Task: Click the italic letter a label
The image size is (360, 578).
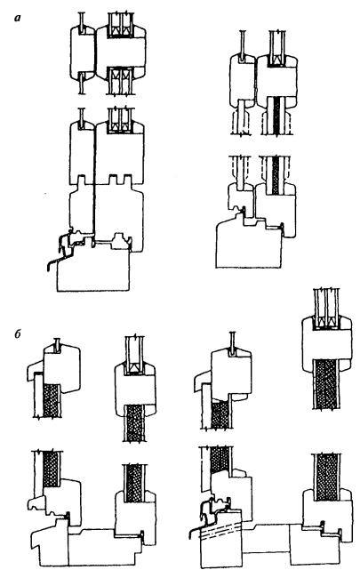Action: coord(17,17)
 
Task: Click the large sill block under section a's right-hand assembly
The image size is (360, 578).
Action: coord(248,244)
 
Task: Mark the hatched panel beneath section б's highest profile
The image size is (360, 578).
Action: coord(326,383)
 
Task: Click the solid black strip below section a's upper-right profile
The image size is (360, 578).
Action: coord(276,116)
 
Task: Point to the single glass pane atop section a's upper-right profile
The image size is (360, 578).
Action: coord(243,45)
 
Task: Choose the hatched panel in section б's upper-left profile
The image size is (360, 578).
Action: coord(52,400)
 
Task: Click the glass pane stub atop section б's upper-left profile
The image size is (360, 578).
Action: coord(57,344)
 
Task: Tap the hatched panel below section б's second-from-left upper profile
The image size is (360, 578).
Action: coord(133,422)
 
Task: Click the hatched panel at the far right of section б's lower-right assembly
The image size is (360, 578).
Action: coord(326,477)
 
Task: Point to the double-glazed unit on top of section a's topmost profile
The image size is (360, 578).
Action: coord(121,25)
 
